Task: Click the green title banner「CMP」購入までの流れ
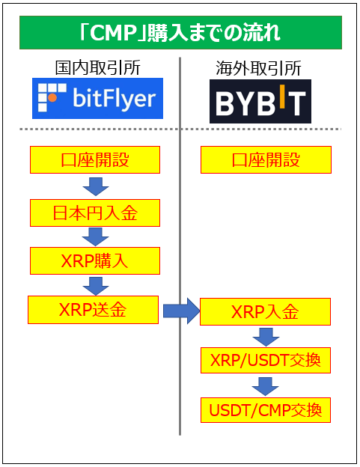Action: click(x=180, y=32)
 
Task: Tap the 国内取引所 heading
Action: click(x=97, y=68)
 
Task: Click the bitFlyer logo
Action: click(x=97, y=98)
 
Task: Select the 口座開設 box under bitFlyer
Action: click(x=95, y=159)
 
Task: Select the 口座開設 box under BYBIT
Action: click(x=266, y=159)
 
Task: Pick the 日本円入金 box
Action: click(x=95, y=213)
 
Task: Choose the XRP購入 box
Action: click(x=95, y=260)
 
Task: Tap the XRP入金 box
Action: click(x=265, y=311)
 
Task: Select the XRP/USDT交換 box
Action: click(x=266, y=361)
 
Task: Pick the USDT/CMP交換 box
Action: click(x=266, y=409)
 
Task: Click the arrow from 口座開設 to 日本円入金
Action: click(x=95, y=186)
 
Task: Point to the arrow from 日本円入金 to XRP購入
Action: click(x=95, y=236)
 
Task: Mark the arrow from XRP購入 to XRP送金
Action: click(x=95, y=284)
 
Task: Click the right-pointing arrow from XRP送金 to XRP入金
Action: click(x=180, y=310)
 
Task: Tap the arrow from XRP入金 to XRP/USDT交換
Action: click(x=266, y=336)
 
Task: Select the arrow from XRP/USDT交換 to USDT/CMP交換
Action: click(x=266, y=385)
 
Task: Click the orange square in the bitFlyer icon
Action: click(x=51, y=98)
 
